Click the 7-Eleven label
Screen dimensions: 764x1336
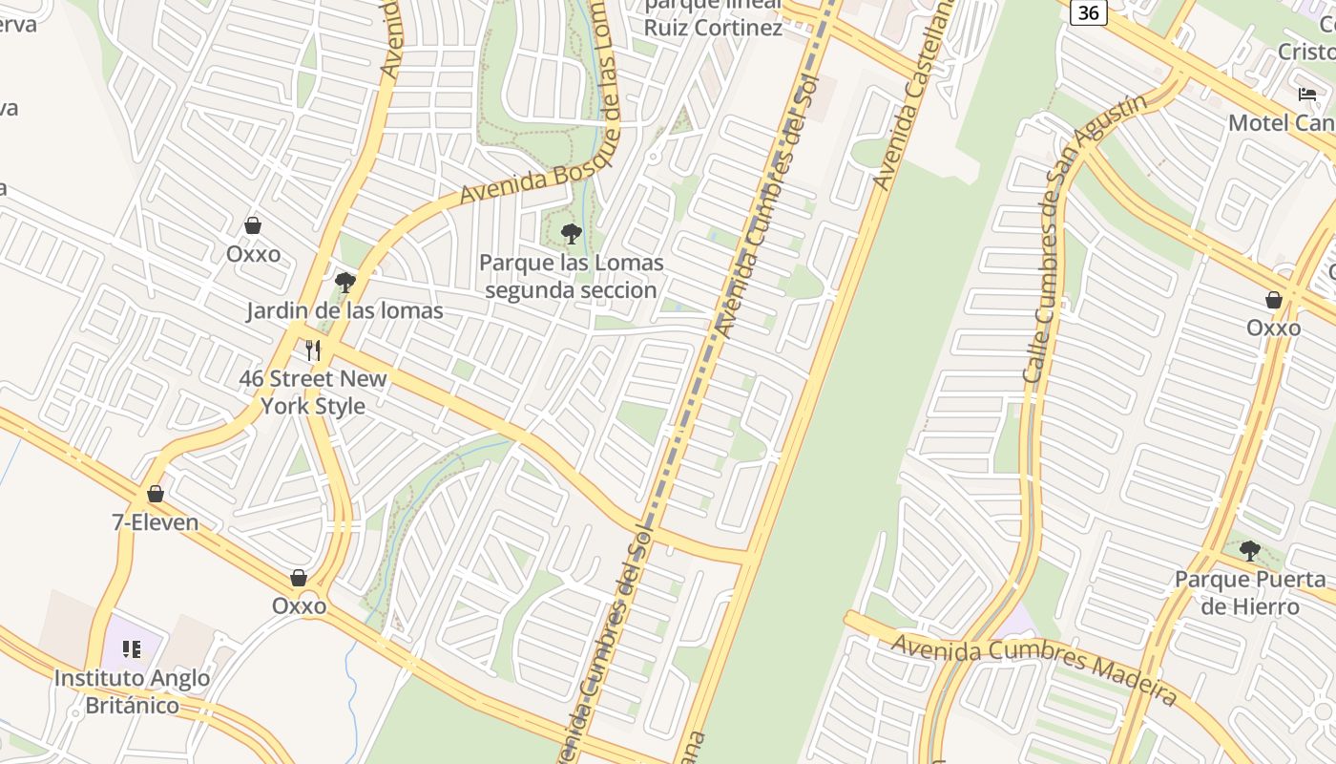(x=156, y=522)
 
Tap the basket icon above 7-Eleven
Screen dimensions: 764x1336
(x=156, y=494)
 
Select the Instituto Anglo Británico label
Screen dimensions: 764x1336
(x=133, y=691)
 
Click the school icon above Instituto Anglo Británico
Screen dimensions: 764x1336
(x=132, y=649)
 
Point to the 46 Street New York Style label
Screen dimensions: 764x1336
(x=313, y=392)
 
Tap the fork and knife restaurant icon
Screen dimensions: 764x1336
(x=313, y=350)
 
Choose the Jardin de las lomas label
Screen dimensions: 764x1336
(x=344, y=310)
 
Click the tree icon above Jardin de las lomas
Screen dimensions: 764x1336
(x=345, y=282)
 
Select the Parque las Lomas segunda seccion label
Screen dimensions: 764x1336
(x=571, y=276)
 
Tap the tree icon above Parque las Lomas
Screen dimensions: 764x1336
(x=572, y=233)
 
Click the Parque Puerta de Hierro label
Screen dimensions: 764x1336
(x=1249, y=593)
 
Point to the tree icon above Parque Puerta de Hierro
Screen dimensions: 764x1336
(x=1249, y=550)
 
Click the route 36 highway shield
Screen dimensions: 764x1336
(x=1088, y=13)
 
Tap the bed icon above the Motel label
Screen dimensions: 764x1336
(x=1306, y=95)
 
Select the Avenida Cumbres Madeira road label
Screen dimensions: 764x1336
(x=1033, y=668)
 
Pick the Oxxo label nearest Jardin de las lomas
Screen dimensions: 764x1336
(x=253, y=253)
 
